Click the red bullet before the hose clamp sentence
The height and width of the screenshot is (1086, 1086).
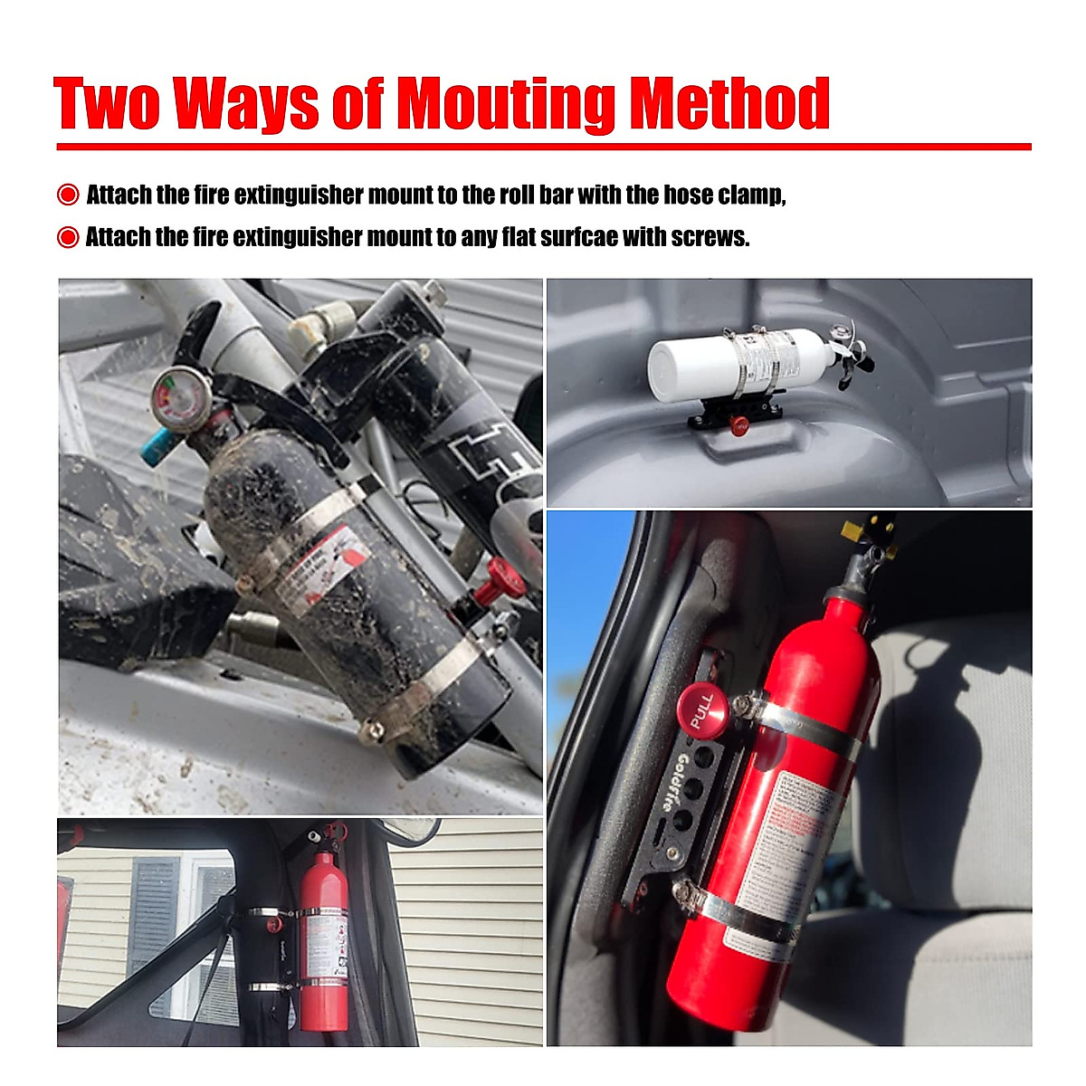(68, 195)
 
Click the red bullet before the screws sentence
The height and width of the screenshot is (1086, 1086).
(68, 237)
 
